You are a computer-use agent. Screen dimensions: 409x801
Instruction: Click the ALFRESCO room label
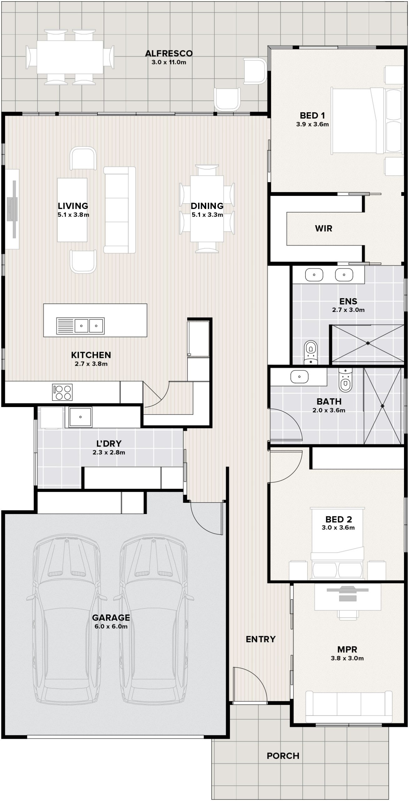[169, 54]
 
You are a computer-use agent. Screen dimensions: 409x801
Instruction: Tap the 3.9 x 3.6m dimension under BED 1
[312, 124]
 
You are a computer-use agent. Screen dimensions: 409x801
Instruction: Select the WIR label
[324, 228]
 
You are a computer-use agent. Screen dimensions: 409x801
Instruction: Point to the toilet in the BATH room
[345, 380]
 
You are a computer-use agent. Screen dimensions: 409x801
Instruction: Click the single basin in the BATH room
[299, 377]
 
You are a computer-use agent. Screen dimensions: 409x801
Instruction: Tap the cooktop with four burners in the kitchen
[62, 392]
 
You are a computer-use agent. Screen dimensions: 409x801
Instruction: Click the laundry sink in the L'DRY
[80, 417]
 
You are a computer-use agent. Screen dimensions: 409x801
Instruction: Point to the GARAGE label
[111, 618]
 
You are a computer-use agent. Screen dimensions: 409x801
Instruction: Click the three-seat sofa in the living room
[120, 210]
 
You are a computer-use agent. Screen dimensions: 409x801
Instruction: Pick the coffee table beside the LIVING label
[72, 210]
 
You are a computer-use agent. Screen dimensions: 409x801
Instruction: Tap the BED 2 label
[339, 519]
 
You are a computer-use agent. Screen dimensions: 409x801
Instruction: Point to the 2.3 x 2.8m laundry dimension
[109, 452]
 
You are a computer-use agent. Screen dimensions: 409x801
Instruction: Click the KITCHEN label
[91, 355]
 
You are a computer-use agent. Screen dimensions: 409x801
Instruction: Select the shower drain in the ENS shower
[368, 343]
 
